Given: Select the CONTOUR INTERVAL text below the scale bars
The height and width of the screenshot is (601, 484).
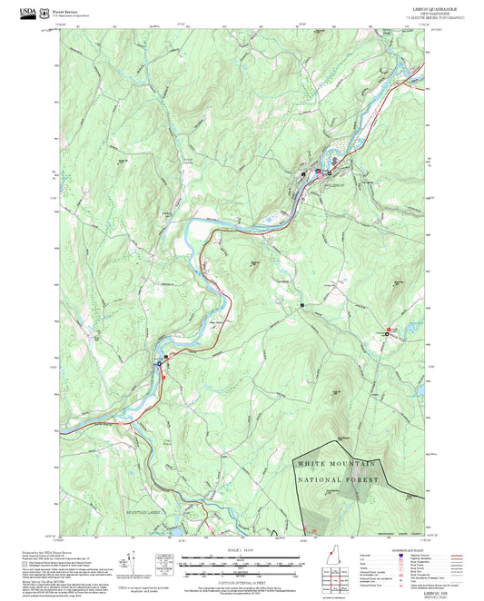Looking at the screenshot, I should (242, 581).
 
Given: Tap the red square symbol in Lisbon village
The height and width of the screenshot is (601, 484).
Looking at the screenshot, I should (318, 171).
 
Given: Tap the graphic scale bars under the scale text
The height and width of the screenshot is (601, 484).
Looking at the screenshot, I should (242, 566).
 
